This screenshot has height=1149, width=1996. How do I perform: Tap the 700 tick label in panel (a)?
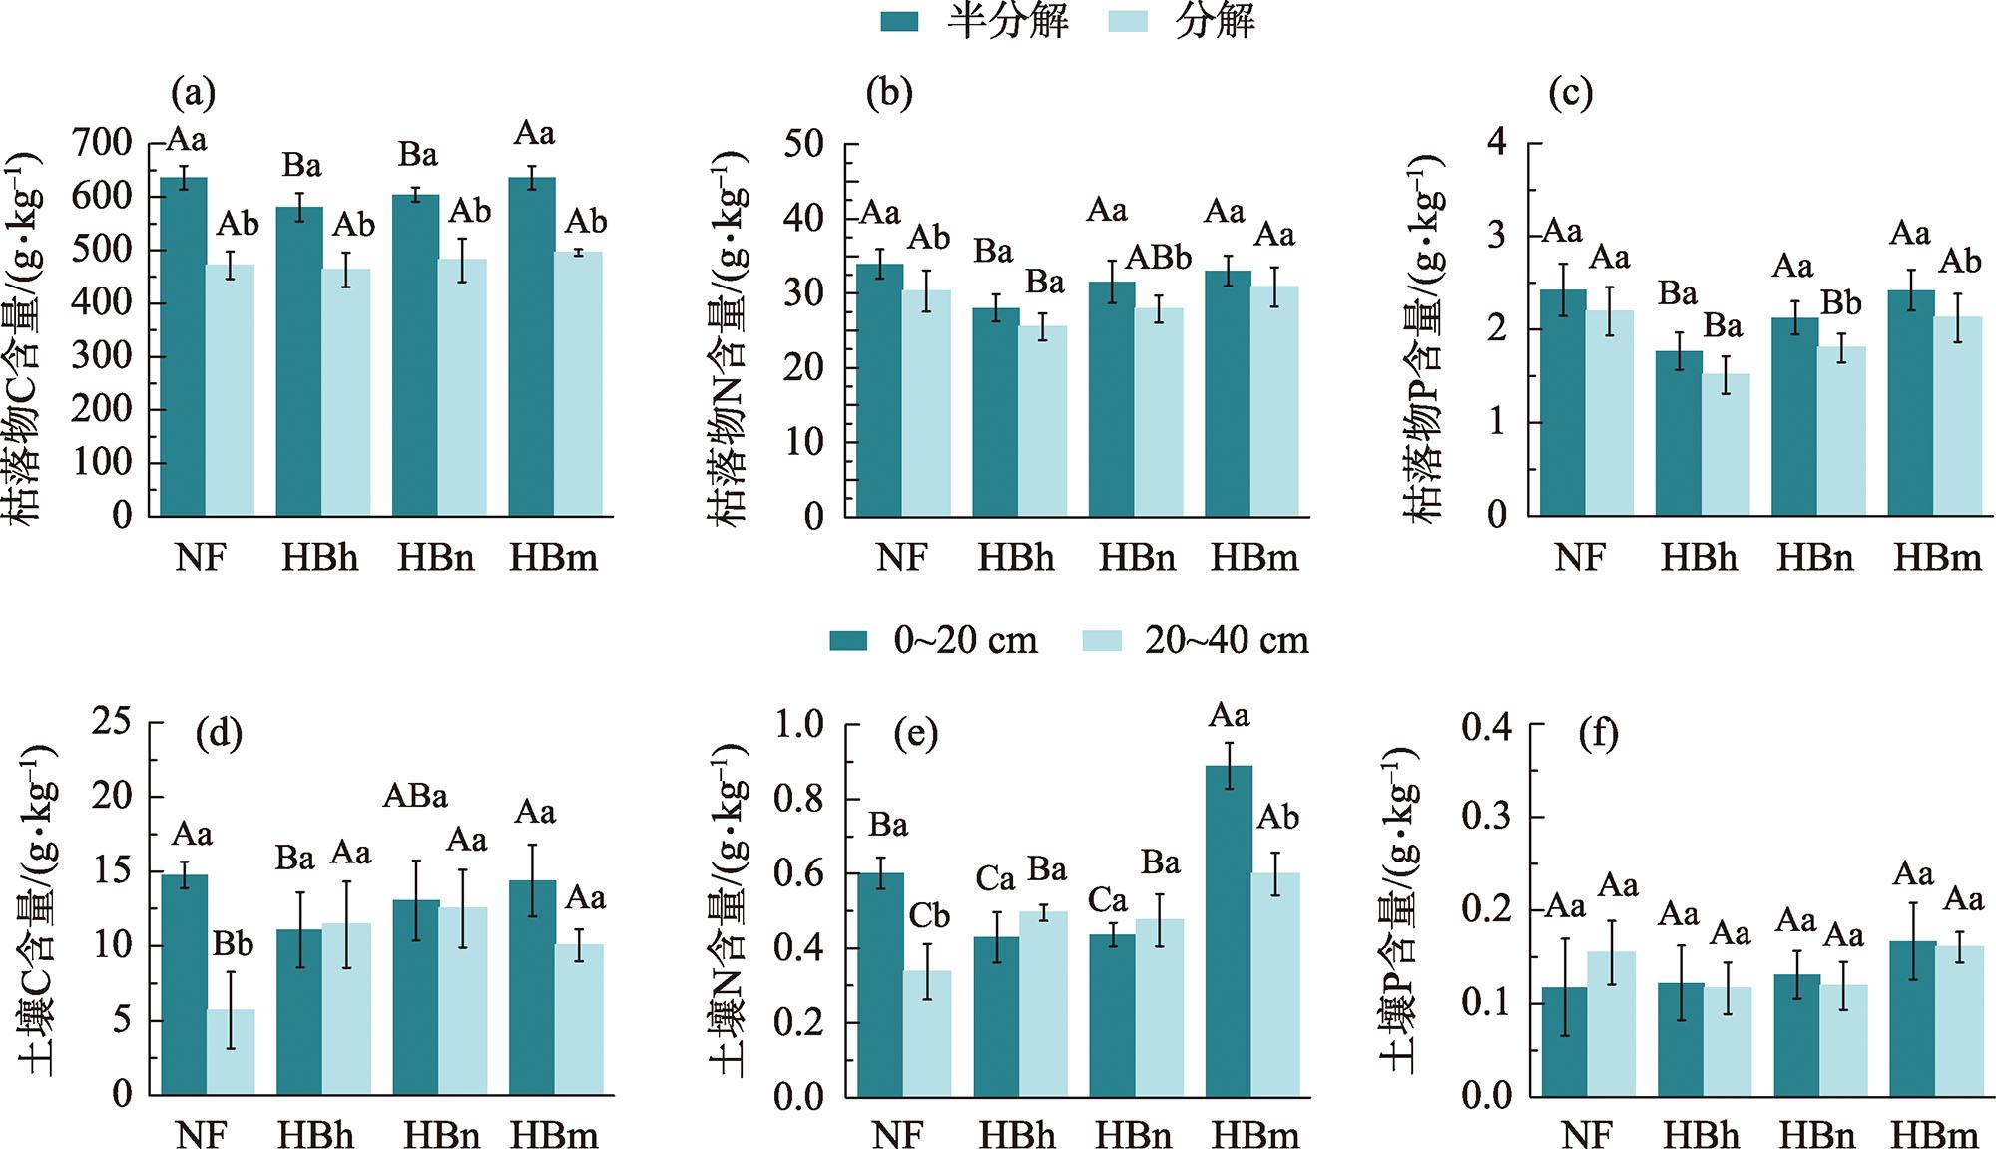tap(102, 144)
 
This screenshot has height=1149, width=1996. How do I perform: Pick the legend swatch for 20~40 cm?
tap(1102, 640)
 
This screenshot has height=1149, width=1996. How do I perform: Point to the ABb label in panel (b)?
tap(1159, 258)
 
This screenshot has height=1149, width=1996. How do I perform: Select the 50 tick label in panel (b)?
tap(804, 144)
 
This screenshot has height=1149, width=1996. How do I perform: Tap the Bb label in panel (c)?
tap(1841, 302)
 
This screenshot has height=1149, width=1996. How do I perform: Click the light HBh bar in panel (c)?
tap(1726, 445)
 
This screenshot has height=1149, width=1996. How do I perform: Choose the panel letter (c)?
tap(1570, 94)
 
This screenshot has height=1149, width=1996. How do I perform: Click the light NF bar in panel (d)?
tap(231, 1052)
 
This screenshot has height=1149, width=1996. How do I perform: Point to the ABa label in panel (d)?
tap(415, 796)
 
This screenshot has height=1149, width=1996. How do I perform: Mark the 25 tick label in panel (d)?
tap(111, 721)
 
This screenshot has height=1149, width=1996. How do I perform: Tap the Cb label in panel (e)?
tap(929, 915)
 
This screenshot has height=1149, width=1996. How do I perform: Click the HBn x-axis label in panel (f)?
tap(1817, 1135)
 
